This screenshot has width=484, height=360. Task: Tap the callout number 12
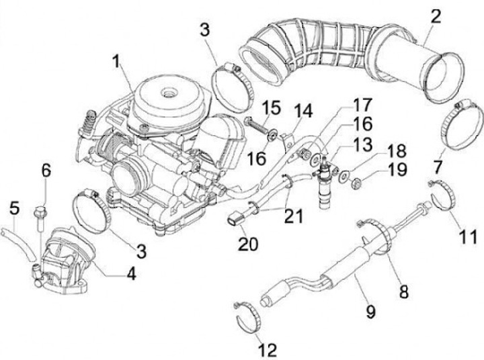click(266, 350)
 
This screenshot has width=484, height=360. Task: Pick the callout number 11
click(469, 236)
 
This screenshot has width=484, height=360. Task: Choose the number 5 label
click(13, 210)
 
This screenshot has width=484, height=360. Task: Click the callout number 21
click(293, 216)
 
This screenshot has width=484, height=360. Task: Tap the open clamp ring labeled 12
click(252, 316)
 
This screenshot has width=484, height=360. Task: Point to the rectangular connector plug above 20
click(237, 218)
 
